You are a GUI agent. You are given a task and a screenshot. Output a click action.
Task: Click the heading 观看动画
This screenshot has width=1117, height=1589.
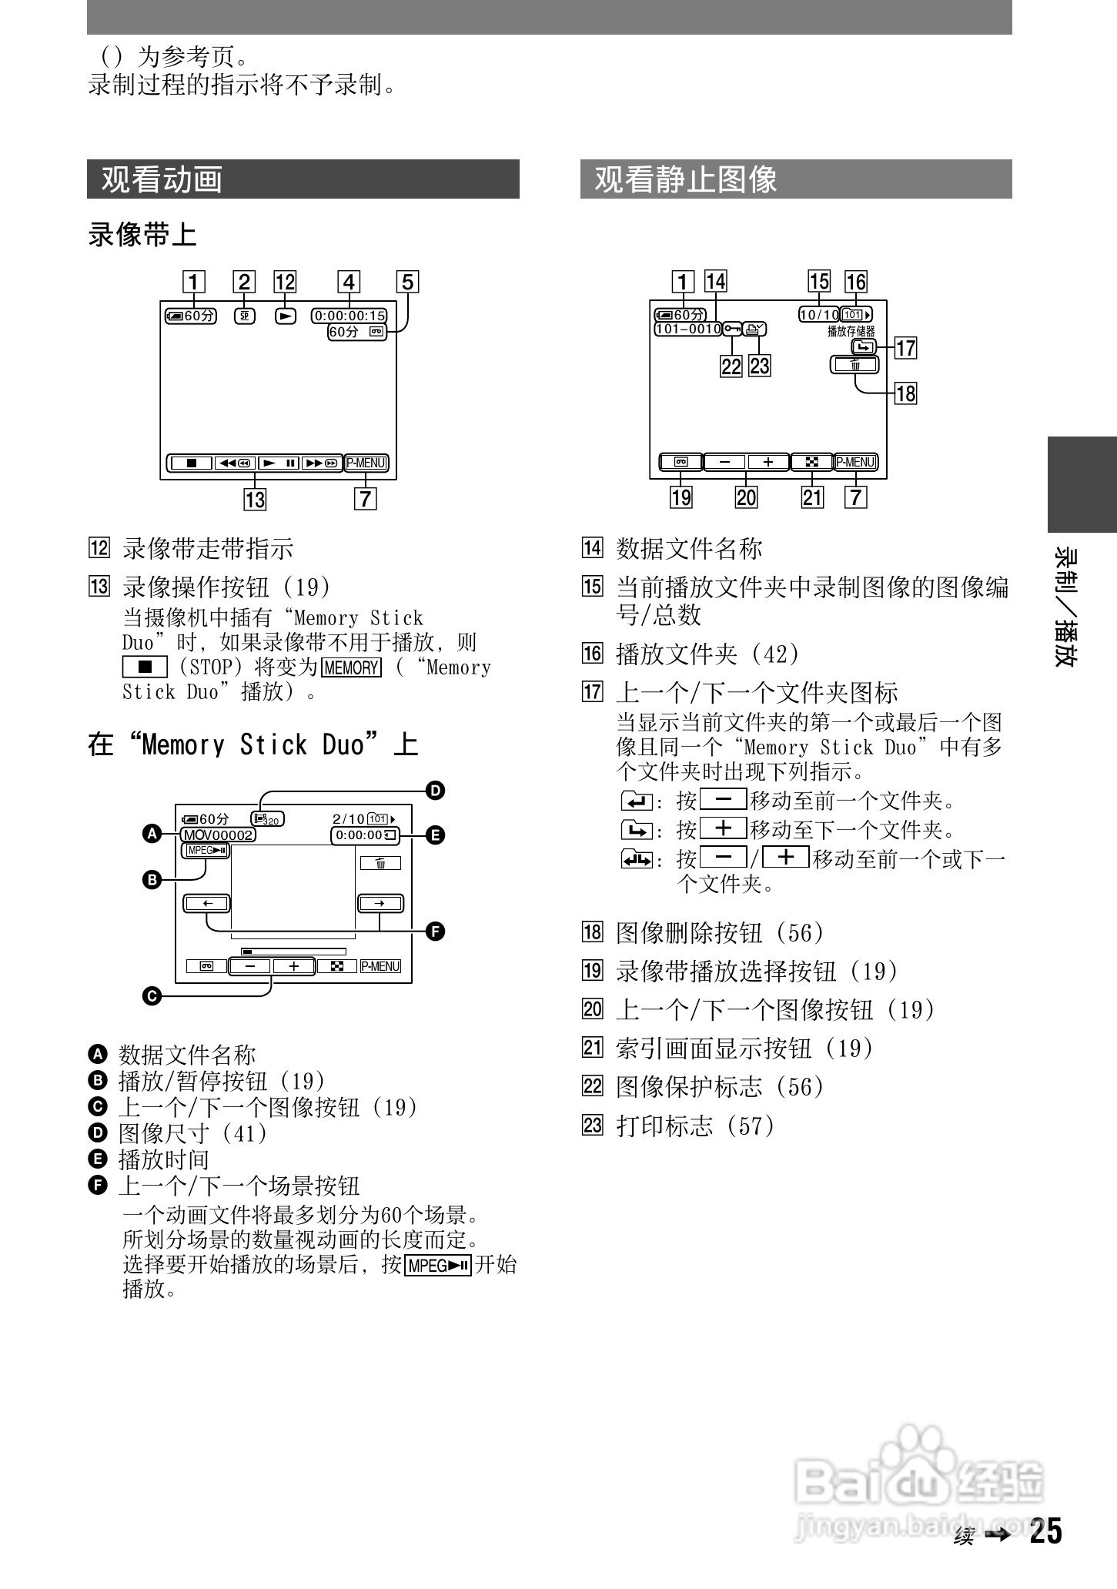pos(162,179)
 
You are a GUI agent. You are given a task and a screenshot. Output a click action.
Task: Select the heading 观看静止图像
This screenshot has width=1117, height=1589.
pos(686,179)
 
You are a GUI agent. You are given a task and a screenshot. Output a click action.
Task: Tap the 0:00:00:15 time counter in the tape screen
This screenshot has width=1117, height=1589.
pos(349,316)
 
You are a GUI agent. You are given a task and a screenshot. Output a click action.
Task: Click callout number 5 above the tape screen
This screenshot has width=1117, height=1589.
pos(407,282)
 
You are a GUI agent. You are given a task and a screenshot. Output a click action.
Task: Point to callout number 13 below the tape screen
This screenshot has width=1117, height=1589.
pos(255,500)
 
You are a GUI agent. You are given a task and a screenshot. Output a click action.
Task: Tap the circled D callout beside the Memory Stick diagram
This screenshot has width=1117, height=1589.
pos(436,791)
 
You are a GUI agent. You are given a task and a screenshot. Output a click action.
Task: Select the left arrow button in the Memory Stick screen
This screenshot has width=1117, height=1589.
pos(207,903)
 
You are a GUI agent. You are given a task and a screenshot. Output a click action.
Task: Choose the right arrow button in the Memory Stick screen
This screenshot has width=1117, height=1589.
pos(380,903)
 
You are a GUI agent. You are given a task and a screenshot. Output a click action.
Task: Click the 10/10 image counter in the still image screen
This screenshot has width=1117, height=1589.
pos(819,315)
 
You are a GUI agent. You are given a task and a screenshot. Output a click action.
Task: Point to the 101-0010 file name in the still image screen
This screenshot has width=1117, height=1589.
pos(687,330)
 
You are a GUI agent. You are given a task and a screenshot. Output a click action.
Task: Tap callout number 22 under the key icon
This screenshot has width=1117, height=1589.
pos(731,366)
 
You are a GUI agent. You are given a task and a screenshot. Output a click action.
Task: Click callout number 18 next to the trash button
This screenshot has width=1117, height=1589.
pos(906,393)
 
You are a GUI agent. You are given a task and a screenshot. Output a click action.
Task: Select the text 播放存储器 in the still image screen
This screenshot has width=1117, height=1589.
pos(851,331)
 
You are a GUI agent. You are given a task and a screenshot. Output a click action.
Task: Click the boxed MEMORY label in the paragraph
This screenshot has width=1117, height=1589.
pos(352,667)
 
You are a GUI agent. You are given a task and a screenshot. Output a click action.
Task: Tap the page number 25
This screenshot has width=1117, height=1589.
pos(1046,1531)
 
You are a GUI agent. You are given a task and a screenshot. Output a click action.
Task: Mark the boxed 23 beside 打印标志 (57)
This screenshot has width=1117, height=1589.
pos(592,1126)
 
